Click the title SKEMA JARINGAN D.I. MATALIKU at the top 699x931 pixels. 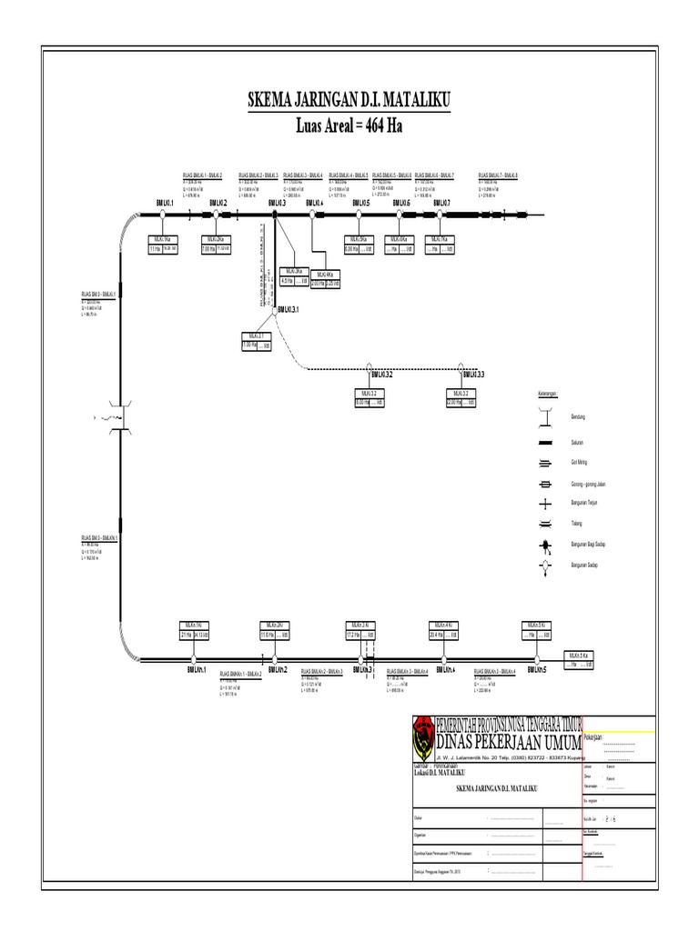[x=349, y=100]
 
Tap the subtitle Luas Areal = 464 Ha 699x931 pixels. [x=349, y=125]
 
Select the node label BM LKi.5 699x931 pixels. [x=359, y=204]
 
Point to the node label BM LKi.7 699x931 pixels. [x=440, y=204]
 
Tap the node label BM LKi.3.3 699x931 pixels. [x=473, y=375]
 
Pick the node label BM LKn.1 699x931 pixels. [x=198, y=670]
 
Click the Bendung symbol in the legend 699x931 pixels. [x=546, y=417]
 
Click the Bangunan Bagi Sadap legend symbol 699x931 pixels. [x=546, y=546]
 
